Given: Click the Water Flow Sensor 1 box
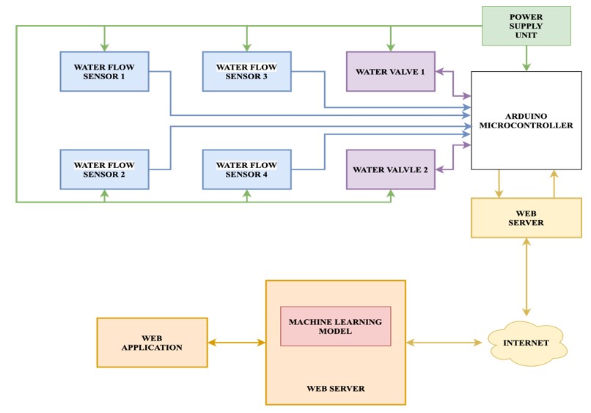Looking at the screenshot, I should click(104, 71).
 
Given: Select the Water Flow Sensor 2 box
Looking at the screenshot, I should click(104, 169).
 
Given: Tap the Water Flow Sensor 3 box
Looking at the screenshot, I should click(246, 71).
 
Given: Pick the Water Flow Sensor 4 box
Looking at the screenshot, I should click(246, 169).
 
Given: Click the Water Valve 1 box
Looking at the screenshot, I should click(390, 71).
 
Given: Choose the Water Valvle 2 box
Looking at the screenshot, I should click(390, 169).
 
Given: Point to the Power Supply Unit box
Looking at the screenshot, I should click(526, 26).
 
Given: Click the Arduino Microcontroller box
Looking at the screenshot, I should click(526, 120).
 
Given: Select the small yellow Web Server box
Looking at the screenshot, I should click(526, 218).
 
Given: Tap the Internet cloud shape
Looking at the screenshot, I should click(526, 343).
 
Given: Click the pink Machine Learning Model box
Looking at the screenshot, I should click(335, 326).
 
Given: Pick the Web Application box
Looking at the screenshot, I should click(152, 343).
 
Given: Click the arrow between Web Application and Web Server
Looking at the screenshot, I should click(236, 343).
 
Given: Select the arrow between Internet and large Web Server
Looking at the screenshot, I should click(446, 343).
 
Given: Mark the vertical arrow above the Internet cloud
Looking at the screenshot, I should click(526, 277).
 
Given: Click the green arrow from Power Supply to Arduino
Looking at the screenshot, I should click(526, 59).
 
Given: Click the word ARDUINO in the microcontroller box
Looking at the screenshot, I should click(526, 116).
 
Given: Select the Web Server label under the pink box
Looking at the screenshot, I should click(335, 388).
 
